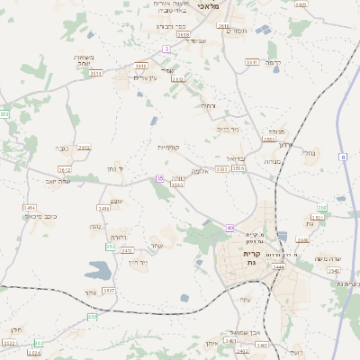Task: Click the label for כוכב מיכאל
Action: [46, 217]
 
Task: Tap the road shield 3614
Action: [96, 73]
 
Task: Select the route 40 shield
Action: [230, 228]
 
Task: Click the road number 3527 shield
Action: [109, 292]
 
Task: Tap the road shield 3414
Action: [30, 207]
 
